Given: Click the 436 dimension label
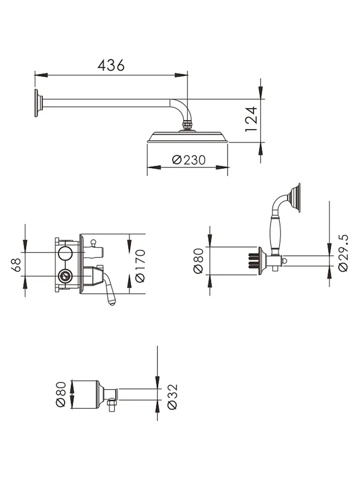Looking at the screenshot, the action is click(111, 65).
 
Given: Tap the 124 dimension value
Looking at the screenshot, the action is click(251, 119).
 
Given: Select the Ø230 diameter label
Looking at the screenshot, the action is click(189, 160).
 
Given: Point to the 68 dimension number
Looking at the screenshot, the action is click(16, 265).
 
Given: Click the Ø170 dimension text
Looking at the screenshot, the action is click(140, 266).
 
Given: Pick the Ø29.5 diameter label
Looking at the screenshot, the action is click(343, 253).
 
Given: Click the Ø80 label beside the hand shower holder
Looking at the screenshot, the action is click(198, 261).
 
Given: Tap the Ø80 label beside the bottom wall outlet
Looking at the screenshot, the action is click(61, 394).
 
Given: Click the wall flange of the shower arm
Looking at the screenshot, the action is click(39, 103).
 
